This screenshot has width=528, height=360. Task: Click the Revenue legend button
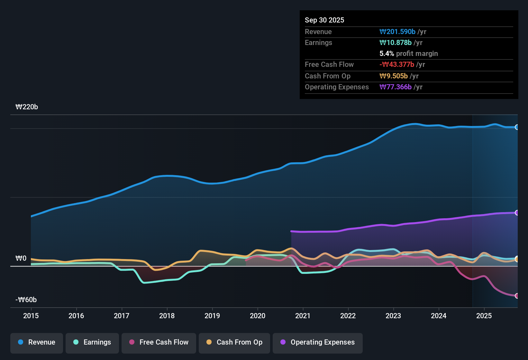(x=37, y=342)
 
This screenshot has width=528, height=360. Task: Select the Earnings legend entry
(x=92, y=342)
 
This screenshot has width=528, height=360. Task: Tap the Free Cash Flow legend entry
(x=159, y=342)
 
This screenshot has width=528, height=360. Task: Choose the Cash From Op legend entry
(x=234, y=342)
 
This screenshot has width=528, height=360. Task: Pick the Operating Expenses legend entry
(x=318, y=342)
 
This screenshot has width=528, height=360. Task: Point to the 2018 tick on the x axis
(x=167, y=316)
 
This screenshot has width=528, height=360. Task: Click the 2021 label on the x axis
(x=303, y=316)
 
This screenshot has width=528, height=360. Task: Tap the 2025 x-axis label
(x=484, y=316)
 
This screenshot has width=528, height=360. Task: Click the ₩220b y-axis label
(x=27, y=107)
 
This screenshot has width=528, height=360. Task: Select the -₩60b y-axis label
(x=26, y=300)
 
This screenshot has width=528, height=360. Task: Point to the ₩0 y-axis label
(x=21, y=258)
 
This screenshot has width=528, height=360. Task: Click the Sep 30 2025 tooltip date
(x=324, y=20)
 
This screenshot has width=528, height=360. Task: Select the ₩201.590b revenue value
(x=397, y=32)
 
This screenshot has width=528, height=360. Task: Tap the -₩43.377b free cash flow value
(x=397, y=65)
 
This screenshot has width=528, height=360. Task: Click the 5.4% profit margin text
(x=409, y=54)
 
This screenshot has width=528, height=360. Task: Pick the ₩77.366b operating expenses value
(x=396, y=87)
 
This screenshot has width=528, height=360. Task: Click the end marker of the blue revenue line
(x=517, y=127)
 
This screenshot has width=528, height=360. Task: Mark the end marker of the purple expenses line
(x=517, y=213)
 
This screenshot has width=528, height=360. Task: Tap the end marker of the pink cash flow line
(x=517, y=296)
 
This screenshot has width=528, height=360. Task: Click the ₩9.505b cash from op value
(x=394, y=76)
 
